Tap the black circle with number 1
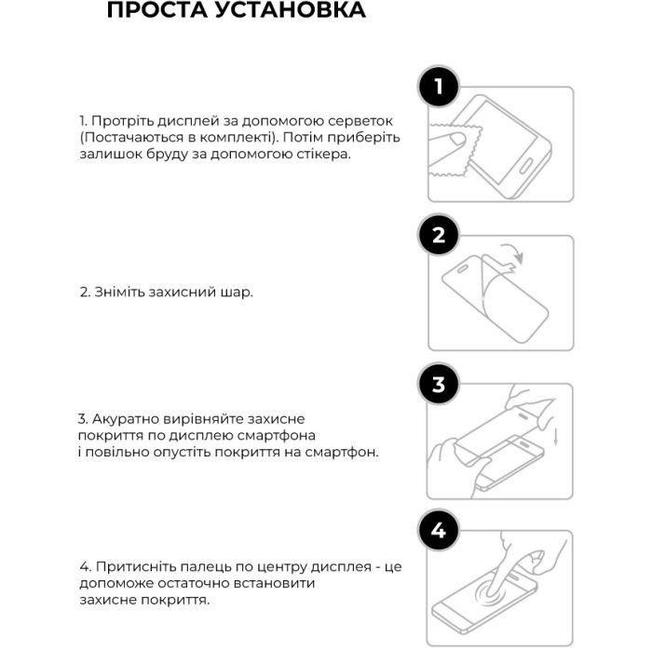click(x=439, y=88)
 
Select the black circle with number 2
click(x=439, y=236)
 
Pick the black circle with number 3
click(x=439, y=383)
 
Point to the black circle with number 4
click(x=439, y=532)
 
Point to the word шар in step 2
click(x=238, y=292)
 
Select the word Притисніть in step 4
click(x=129, y=566)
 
